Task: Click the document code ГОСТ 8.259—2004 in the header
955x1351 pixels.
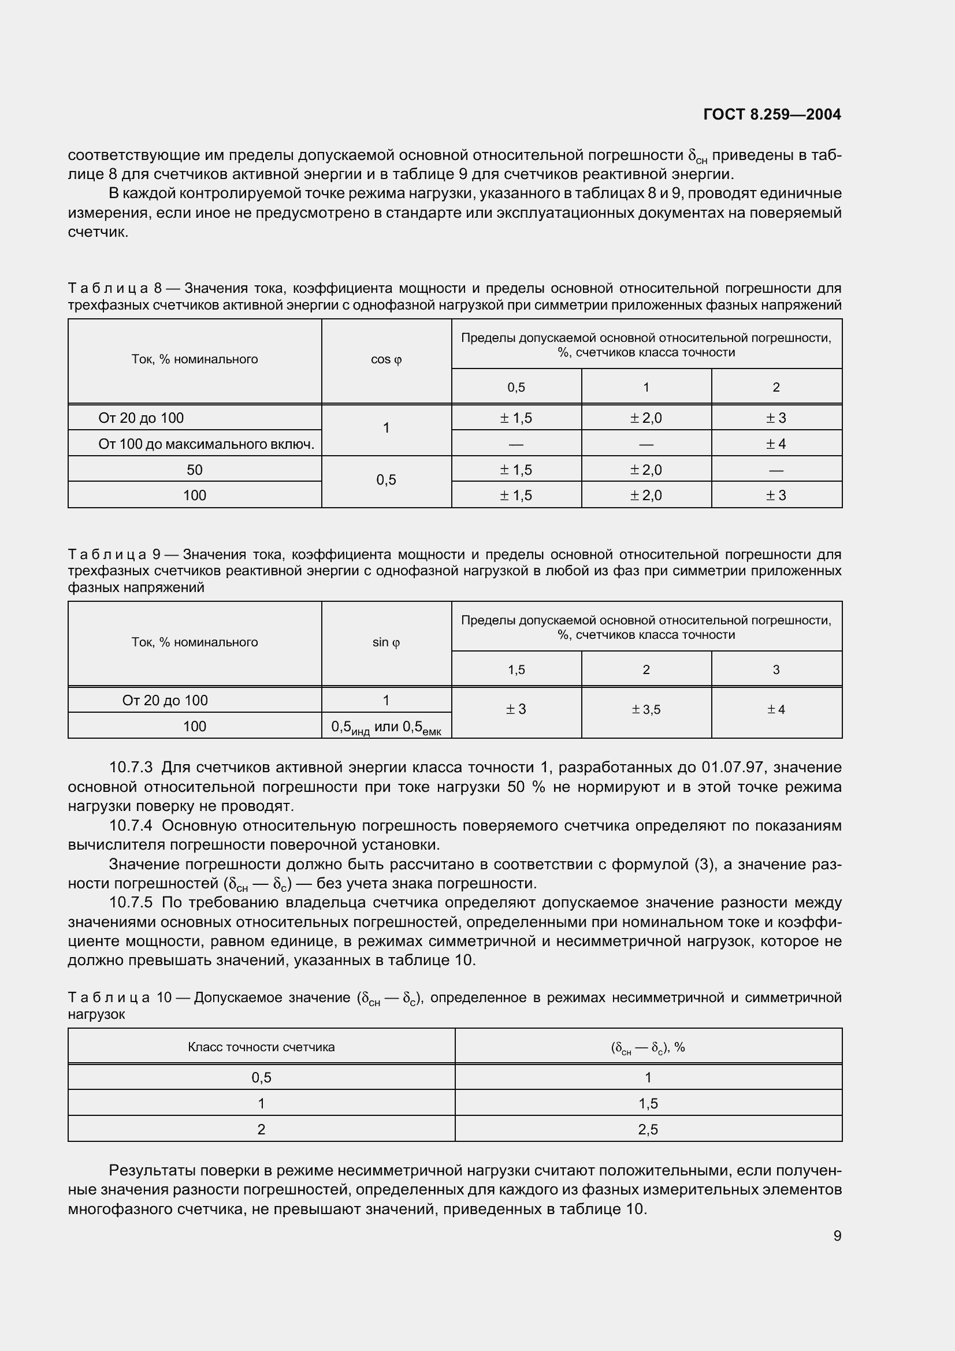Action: point(771,114)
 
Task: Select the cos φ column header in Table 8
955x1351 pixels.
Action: point(386,359)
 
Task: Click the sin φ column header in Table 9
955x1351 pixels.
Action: point(386,642)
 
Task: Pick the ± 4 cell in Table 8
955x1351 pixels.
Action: point(775,444)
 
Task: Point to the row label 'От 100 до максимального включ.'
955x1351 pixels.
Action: point(206,444)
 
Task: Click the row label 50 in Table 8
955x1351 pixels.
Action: point(194,470)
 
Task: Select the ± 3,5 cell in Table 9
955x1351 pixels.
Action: point(645,710)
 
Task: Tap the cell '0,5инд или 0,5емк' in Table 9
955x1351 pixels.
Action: point(386,727)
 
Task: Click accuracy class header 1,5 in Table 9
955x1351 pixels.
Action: point(516,670)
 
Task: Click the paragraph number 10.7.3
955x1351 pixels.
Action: point(131,768)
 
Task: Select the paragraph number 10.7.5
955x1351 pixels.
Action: point(131,903)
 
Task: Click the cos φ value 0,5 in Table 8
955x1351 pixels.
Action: point(386,481)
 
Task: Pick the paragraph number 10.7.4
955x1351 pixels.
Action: point(131,826)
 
